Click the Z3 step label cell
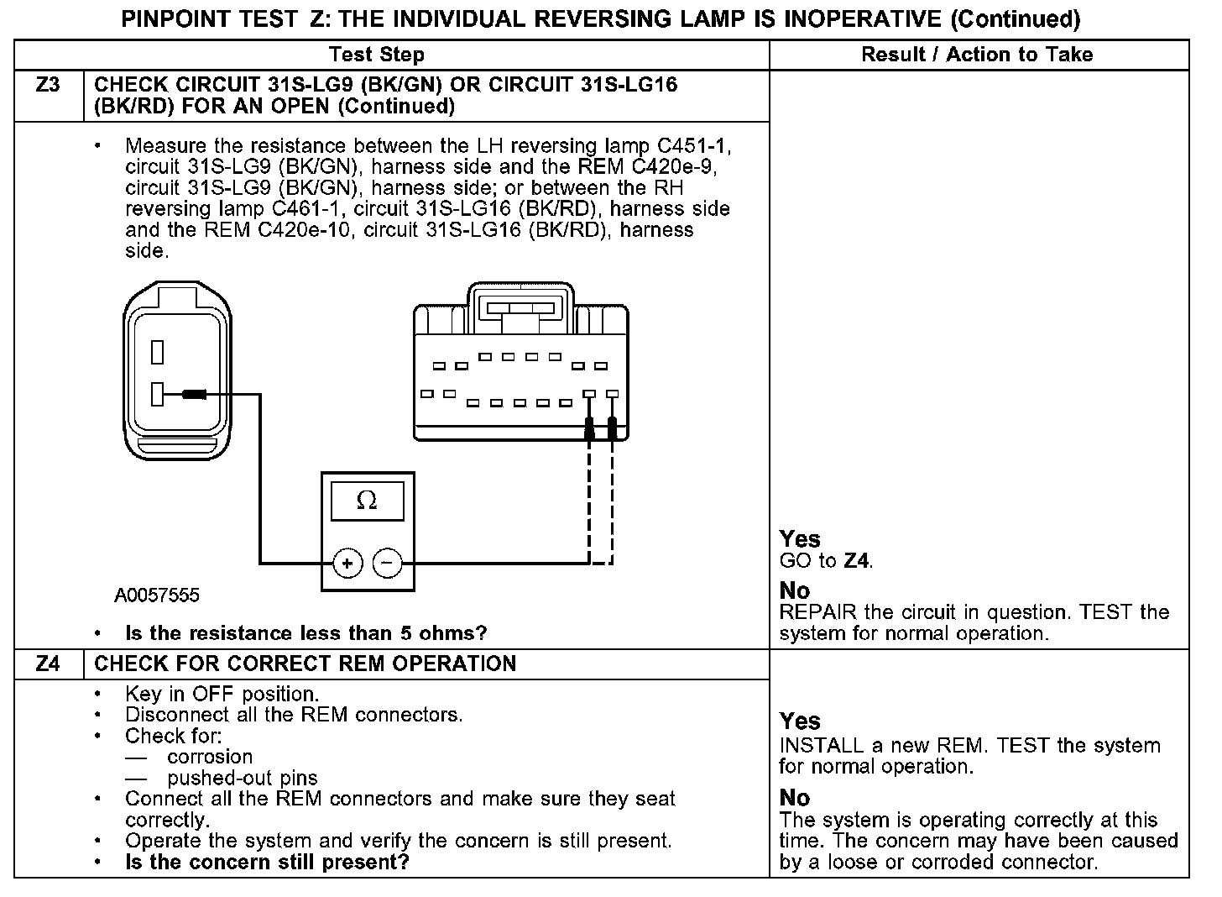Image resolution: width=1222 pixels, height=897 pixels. pos(49,85)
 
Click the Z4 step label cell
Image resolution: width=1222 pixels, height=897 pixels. pos(49,664)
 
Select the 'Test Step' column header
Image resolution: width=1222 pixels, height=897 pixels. pos(377,55)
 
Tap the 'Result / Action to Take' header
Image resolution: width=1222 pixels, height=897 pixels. pos(977,55)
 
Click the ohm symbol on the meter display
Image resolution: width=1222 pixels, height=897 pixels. pos(367,501)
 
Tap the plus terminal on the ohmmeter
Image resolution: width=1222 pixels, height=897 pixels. pos(347,563)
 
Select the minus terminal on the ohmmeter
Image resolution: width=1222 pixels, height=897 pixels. pos(387,563)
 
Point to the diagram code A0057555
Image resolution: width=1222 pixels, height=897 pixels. pos(157,595)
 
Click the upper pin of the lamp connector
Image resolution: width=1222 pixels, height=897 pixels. pos(157,351)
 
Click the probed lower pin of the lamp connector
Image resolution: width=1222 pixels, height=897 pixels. pos(157,393)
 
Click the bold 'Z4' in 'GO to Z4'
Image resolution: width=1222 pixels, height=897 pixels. pos(856,561)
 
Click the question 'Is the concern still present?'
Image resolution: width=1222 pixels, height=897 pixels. pos(267,863)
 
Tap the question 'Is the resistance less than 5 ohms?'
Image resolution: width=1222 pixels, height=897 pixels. pos(305,633)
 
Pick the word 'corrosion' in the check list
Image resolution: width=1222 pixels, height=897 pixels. pos(210,757)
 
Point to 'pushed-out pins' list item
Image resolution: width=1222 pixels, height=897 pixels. pos(243,778)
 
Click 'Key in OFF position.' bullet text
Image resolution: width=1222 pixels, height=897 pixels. pos(222,695)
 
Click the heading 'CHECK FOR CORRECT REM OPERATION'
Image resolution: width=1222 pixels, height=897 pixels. pos(305,664)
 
